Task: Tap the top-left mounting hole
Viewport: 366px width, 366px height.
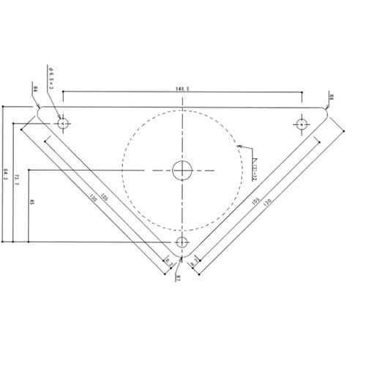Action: (64, 123)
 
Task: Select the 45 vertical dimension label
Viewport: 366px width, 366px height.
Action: (31, 202)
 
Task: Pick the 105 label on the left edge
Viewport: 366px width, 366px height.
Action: (105, 196)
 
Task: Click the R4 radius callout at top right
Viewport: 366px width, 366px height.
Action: (331, 97)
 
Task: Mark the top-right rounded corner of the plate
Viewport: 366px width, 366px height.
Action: (326, 112)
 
